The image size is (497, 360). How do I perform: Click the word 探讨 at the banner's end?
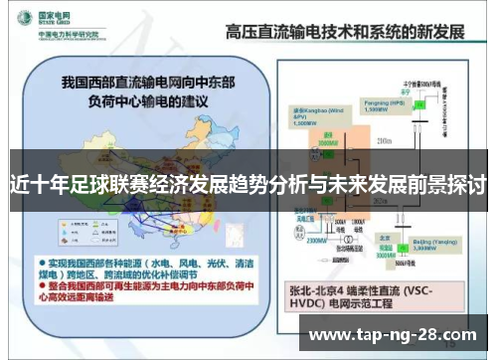[x=470, y=184]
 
